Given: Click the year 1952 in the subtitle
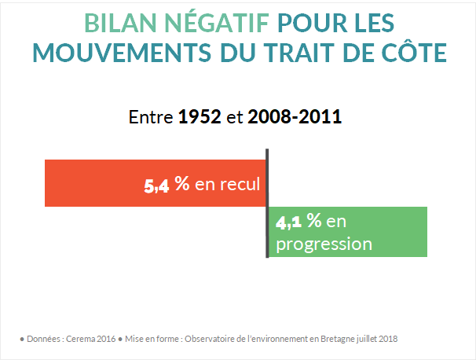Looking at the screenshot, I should [200, 118].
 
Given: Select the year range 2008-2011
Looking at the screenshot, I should [295, 118].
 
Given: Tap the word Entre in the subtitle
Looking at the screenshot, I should [152, 118].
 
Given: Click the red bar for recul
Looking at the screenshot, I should [94, 183].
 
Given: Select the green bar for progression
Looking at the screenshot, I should [393, 232].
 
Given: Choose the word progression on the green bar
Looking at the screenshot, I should [322, 244].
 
